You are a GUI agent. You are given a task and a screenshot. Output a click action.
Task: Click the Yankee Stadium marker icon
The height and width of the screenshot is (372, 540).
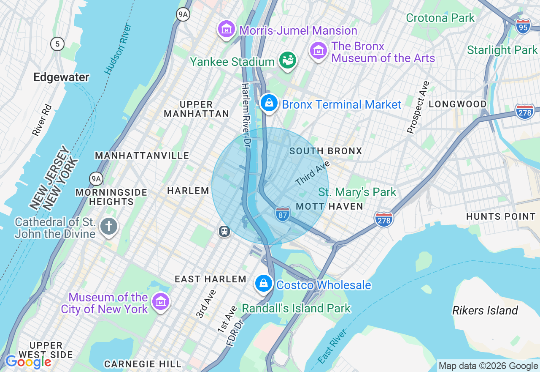288,60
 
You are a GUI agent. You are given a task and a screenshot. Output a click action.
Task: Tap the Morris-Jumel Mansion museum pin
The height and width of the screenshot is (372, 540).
227,29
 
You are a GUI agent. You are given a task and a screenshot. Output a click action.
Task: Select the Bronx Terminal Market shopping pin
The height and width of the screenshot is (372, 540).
268,103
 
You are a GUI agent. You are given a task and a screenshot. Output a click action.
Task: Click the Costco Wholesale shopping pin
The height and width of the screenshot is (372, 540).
264,283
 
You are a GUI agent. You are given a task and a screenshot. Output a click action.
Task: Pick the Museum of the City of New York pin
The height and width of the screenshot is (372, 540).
161,302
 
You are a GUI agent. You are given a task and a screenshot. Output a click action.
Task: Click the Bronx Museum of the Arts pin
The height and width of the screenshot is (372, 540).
319,50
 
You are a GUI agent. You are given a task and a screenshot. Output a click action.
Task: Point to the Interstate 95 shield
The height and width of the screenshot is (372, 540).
523,26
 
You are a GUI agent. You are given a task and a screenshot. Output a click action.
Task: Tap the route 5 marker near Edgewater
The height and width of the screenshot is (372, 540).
57,44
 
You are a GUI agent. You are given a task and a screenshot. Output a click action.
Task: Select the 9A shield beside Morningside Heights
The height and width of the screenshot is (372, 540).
96,178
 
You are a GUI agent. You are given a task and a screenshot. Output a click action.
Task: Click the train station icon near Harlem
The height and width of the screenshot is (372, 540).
224,231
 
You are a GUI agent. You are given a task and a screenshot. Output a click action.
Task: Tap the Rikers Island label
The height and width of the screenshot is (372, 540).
485,311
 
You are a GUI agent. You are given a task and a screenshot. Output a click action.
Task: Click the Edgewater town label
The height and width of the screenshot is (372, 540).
61,77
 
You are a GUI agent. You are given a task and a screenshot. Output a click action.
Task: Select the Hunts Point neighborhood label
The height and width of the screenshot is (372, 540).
501,216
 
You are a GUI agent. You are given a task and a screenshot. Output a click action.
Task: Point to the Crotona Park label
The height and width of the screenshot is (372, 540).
440,18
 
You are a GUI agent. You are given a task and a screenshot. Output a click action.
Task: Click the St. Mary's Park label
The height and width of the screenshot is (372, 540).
357,192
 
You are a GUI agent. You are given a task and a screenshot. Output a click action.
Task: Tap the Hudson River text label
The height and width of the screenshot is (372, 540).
119,49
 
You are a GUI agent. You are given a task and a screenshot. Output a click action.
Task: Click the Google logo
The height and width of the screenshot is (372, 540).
28,362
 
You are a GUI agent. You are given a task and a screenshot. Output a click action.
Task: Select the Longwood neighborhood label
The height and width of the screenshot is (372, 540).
458,104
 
